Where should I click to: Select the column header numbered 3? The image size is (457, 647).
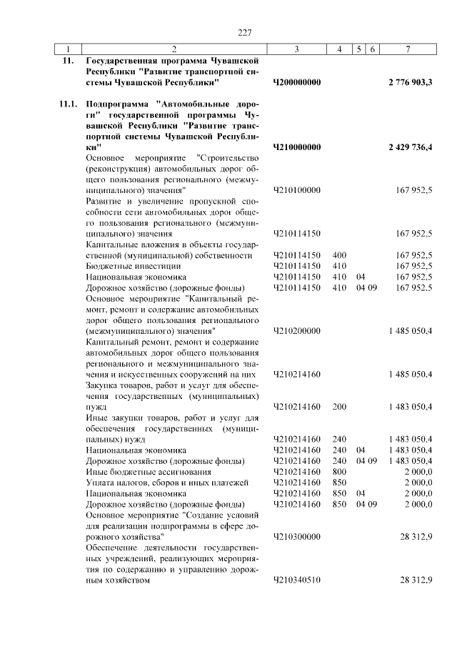296,49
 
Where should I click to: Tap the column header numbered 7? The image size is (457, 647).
407,49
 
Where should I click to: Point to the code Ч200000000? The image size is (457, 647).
296,83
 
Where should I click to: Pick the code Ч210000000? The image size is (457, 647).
296,147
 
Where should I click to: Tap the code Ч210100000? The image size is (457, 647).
296,191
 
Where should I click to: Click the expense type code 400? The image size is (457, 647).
339,255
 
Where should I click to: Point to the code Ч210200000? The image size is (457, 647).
296,331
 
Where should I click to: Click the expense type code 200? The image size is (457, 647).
339,406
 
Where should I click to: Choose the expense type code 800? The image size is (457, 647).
339,472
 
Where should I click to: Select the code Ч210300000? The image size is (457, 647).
296,535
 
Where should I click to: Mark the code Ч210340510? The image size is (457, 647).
296,580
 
